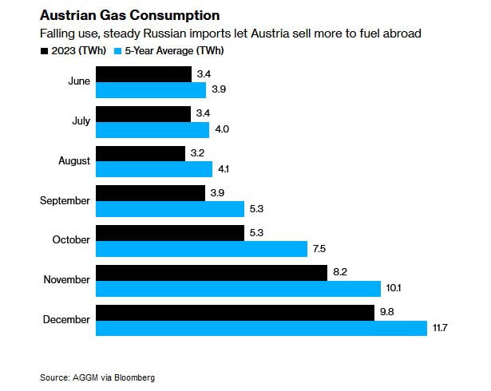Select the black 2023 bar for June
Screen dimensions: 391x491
coord(144,74)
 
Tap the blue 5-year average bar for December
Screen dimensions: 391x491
coord(261,328)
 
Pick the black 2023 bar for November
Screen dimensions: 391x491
coord(211,272)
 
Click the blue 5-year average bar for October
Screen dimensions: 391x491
coord(201,249)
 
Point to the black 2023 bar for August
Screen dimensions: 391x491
coord(141,153)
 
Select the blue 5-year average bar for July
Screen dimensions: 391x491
coord(152,129)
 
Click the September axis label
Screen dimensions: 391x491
coord(65,200)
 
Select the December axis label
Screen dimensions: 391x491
coord(67,320)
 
